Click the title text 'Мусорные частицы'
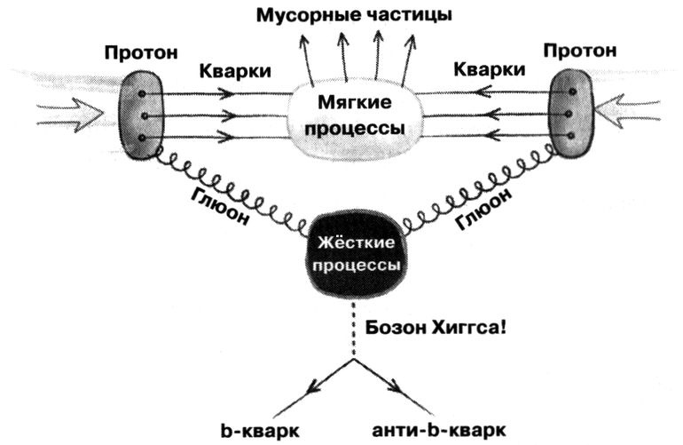[x=353, y=15]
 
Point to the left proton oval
[x=139, y=115]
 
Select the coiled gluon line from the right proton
[x=479, y=191]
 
